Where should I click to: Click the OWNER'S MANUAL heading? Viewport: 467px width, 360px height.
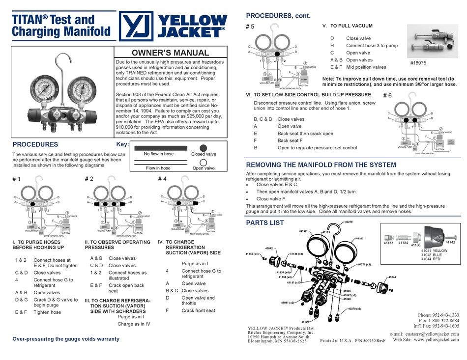(x=171, y=53)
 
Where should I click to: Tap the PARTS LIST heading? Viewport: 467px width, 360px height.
(x=264, y=223)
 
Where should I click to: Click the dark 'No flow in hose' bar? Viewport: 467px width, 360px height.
(x=159, y=148)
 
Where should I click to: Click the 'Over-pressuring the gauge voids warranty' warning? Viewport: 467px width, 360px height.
(x=65, y=339)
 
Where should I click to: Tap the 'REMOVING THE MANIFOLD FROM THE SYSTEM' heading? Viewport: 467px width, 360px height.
(x=321, y=165)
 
